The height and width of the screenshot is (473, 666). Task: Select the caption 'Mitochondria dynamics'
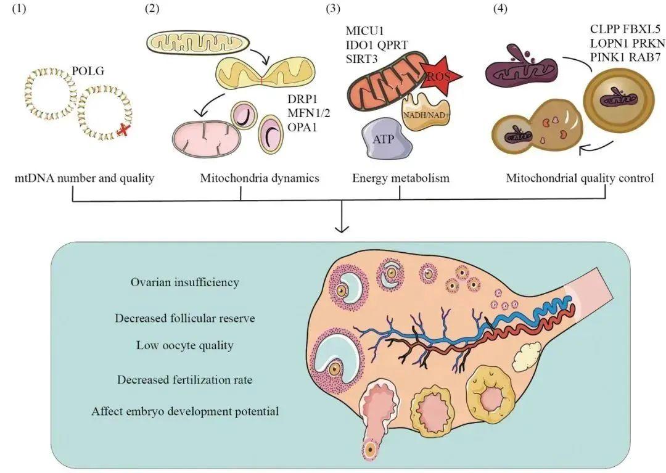point(259,179)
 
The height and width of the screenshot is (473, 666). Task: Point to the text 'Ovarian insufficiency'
point(184,282)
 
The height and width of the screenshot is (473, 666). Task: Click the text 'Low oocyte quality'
point(184,345)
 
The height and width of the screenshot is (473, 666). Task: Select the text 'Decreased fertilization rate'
point(184,379)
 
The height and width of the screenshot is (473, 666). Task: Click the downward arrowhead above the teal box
point(341,229)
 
